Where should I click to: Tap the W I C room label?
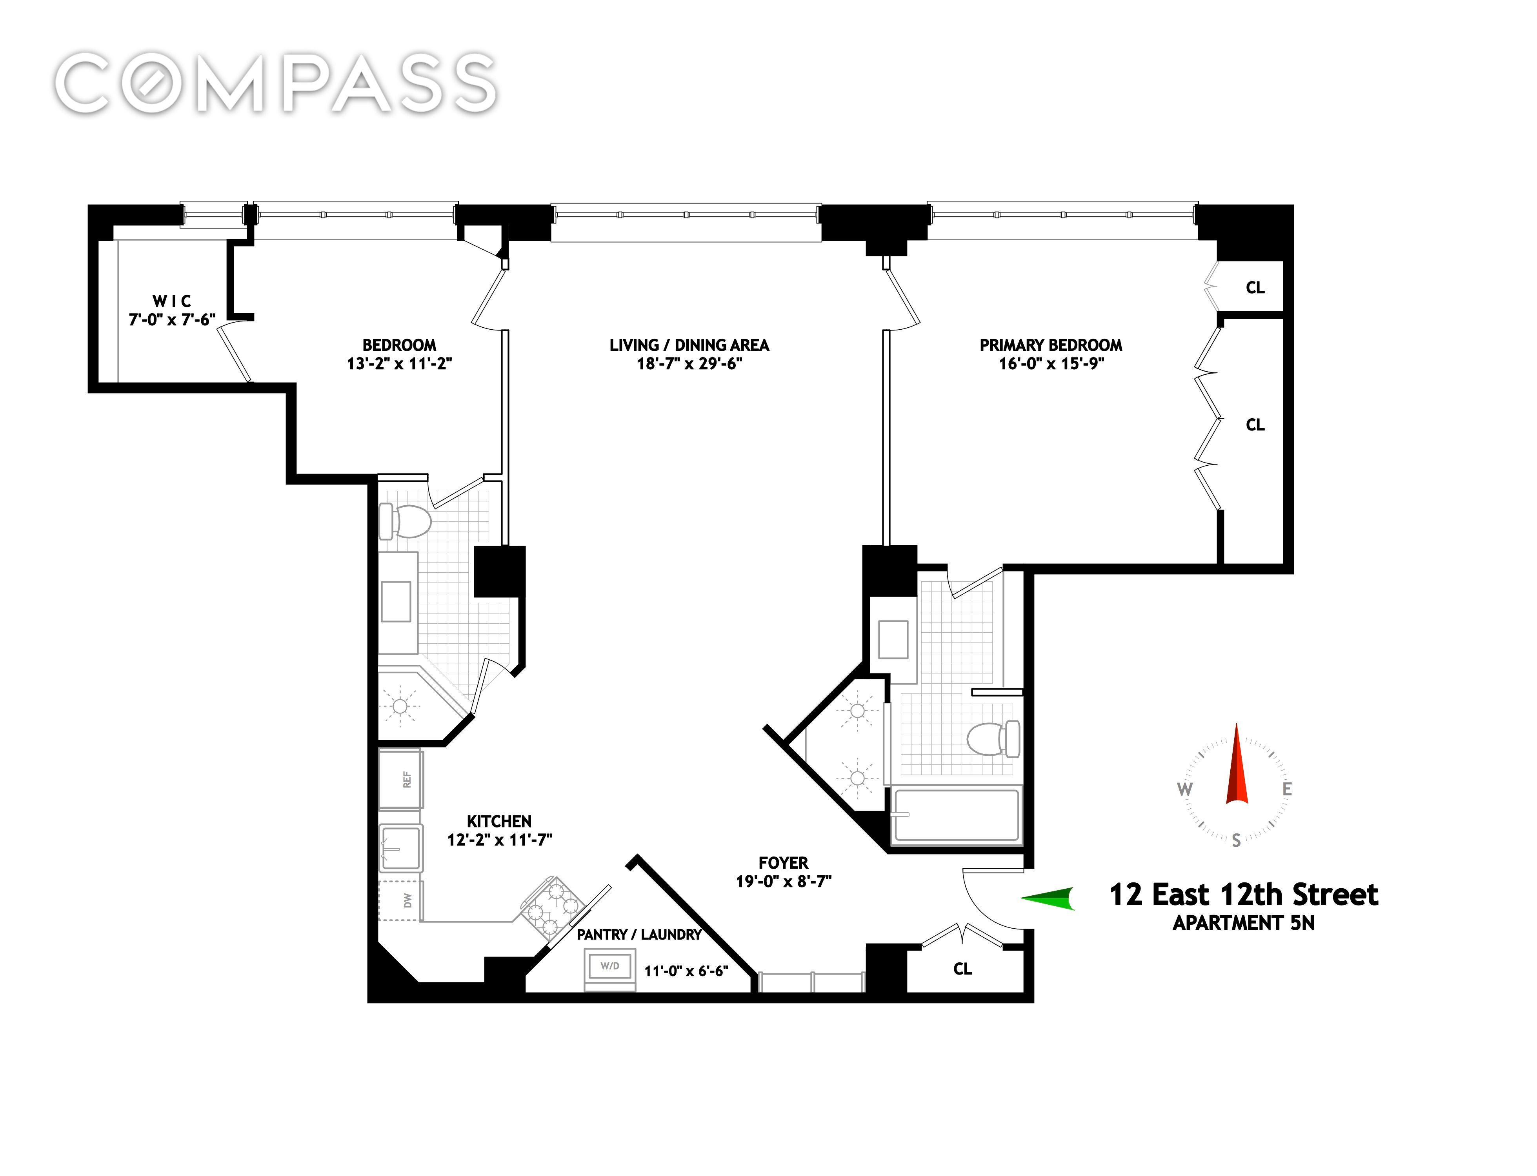click(x=171, y=301)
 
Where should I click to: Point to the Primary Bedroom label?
click(x=1050, y=345)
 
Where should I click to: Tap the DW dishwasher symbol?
click(x=400, y=900)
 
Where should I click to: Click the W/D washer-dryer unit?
click(x=609, y=969)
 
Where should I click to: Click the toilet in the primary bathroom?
click(x=993, y=739)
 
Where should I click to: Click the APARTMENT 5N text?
click(x=1244, y=923)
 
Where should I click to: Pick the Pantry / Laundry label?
click(x=638, y=935)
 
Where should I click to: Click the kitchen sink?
click(x=401, y=848)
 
